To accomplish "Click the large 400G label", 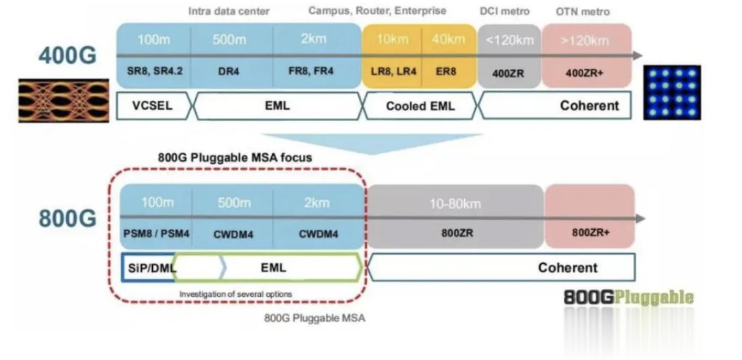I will (x=67, y=55).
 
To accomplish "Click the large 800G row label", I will (x=67, y=218).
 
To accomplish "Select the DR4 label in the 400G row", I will (x=229, y=71).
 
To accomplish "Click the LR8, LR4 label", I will (x=392, y=71).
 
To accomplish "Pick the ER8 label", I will (x=446, y=71).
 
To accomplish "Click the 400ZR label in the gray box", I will (x=508, y=72).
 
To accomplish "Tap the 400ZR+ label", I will (x=584, y=72).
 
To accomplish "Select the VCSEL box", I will (x=152, y=105).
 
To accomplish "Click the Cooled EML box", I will (x=420, y=106).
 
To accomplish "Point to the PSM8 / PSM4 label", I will (x=157, y=233).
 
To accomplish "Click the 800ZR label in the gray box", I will (x=457, y=233).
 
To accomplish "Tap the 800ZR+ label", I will (x=590, y=232).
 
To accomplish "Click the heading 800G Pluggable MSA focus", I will (x=235, y=158).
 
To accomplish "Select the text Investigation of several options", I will (x=236, y=294).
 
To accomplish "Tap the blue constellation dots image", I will (x=672, y=92).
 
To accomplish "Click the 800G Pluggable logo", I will (x=629, y=297).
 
